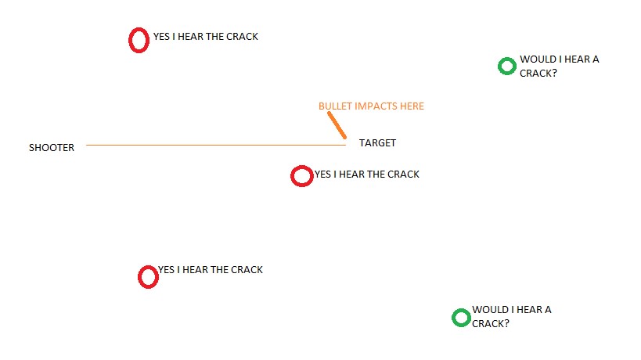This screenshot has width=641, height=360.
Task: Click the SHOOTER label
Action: click(52, 147)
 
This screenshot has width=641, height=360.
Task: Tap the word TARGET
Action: click(377, 143)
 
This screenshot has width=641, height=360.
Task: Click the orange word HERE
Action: click(412, 106)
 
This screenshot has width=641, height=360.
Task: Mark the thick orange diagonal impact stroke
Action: click(337, 125)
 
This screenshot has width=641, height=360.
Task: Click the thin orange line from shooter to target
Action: click(216, 145)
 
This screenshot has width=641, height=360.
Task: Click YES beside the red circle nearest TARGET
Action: click(322, 175)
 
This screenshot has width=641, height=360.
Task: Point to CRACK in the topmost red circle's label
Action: click(242, 37)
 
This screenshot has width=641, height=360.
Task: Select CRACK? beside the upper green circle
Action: click(538, 73)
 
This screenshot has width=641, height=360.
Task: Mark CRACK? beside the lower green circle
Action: click(491, 324)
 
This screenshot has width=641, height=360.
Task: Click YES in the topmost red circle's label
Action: click(161, 37)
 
